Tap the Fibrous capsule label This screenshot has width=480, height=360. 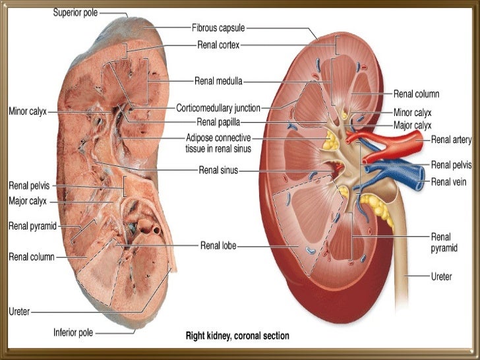pos(218,28)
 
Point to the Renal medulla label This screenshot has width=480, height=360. pos(218,82)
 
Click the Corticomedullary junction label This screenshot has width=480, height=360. pos(218,107)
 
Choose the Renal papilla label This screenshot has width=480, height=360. pos(218,121)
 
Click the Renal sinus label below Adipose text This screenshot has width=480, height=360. pos(218,169)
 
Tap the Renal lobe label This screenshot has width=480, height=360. pos(218,246)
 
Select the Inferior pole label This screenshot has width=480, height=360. pos(73,332)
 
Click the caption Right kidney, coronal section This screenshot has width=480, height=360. pos(237,336)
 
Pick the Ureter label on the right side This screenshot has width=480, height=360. pos(441,277)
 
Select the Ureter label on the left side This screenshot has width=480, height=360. pos(19,311)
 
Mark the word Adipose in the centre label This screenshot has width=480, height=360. pos(201,138)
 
